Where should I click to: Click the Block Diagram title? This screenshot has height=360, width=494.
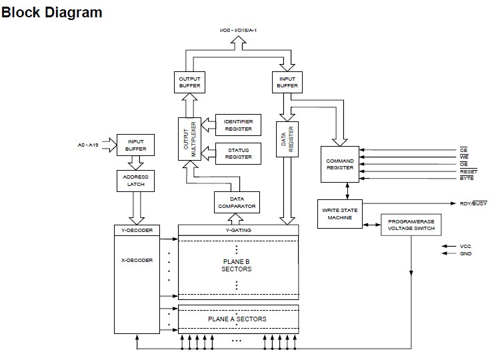[x=52, y=13]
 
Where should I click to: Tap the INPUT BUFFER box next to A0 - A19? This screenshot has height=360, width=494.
[x=135, y=145]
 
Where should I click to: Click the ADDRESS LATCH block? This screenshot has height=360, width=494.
[x=135, y=180]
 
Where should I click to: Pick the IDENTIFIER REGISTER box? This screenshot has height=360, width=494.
[x=238, y=125]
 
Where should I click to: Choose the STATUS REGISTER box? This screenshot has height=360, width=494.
[x=238, y=153]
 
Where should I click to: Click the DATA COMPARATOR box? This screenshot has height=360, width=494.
[x=237, y=202]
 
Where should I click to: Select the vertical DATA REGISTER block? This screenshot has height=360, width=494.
[x=287, y=139]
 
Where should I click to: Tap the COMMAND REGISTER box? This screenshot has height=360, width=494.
[x=340, y=165]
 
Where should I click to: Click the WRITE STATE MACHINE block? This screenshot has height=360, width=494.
[x=340, y=213]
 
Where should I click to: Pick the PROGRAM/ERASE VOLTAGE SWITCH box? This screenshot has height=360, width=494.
[x=411, y=225]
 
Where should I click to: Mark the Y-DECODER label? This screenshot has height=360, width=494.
[x=137, y=230]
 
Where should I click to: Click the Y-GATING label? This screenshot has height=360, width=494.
[x=238, y=230]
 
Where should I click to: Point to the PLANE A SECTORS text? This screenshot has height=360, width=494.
[x=237, y=319]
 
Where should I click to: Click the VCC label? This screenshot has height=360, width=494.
[x=465, y=246]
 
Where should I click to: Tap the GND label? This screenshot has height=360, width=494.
[x=465, y=254]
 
